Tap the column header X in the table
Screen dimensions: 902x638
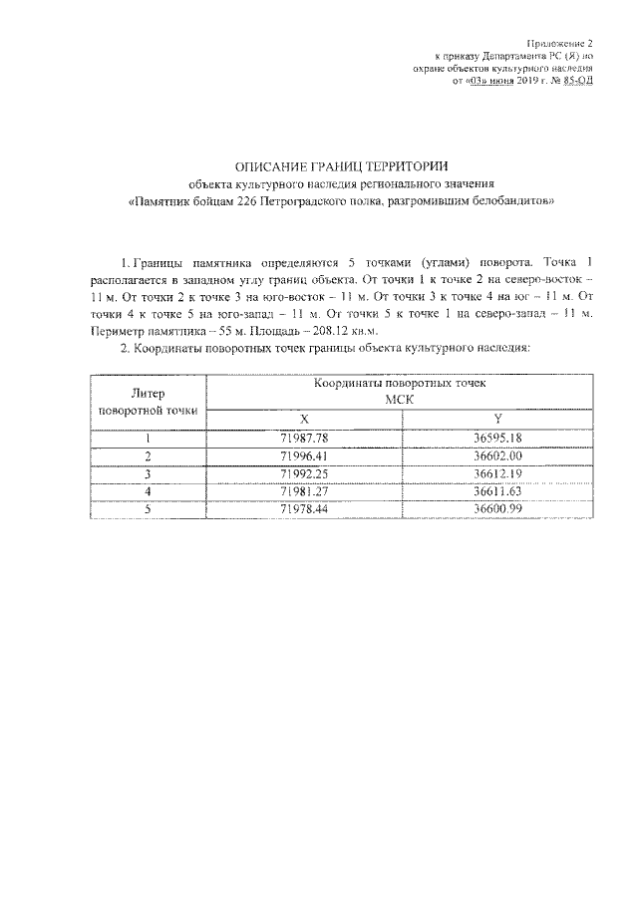[x=304, y=418]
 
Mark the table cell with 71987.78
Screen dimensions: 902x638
[x=304, y=437]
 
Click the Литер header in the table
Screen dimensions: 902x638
[x=149, y=393]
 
